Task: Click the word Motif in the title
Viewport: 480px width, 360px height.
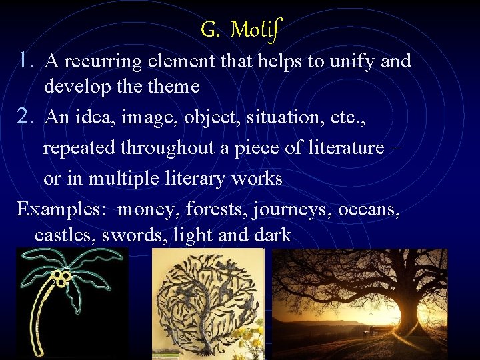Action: tap(257, 29)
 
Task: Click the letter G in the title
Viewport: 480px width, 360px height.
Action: tap(209, 29)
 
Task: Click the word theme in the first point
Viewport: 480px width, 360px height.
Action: tap(175, 87)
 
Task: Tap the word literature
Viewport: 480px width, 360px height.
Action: tap(345, 147)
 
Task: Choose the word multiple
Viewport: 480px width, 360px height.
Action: tap(123, 179)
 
